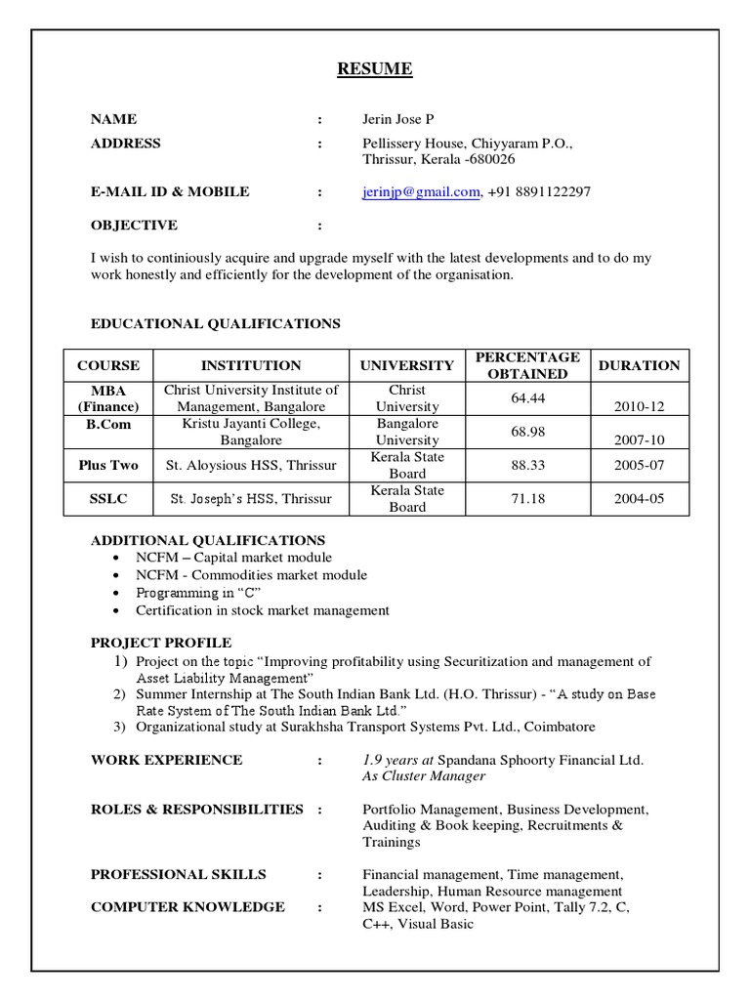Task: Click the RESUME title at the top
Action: click(x=375, y=69)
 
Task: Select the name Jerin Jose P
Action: click(x=397, y=120)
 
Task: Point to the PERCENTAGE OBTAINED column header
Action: click(x=527, y=365)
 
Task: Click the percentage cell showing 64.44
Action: click(x=527, y=398)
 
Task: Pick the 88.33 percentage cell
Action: click(x=527, y=466)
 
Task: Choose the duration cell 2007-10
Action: click(x=639, y=440)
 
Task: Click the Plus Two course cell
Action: click(x=108, y=466)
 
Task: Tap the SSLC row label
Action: click(x=108, y=499)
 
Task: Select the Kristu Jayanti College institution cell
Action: click(x=251, y=432)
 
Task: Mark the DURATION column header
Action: click(x=639, y=365)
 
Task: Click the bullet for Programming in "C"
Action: click(x=117, y=594)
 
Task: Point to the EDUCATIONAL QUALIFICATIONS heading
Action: click(x=216, y=323)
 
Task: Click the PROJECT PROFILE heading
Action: click(x=161, y=643)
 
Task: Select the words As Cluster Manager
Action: click(x=423, y=776)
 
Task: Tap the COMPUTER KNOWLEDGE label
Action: click(x=187, y=907)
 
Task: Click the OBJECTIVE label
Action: click(x=134, y=226)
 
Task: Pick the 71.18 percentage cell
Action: click(x=527, y=499)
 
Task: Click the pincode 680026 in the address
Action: click(x=491, y=159)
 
